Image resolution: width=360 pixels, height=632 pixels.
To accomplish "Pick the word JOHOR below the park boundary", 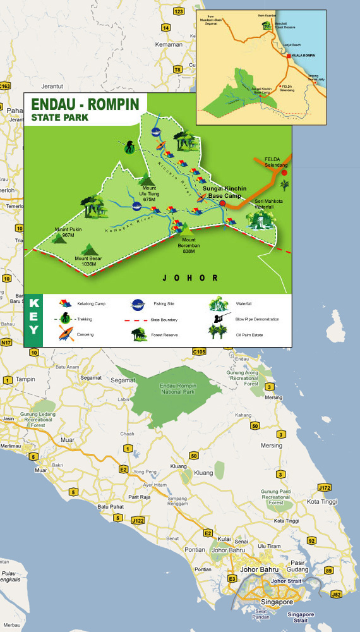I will coord(190,277).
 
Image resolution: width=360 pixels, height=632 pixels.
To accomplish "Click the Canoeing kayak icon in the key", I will coord(64,334).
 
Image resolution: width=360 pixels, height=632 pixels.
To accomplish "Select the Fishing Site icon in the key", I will coord(138,304).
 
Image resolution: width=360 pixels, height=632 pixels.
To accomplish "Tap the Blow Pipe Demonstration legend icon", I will coord(220,319).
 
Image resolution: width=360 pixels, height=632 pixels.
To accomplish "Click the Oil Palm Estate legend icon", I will coord(219,334).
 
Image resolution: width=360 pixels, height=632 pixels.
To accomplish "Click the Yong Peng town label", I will coord(145,471).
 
